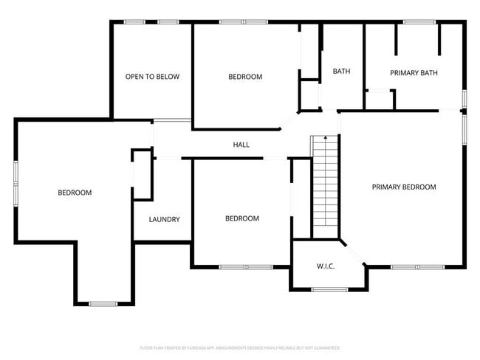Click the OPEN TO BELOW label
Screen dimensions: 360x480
(x=152, y=77)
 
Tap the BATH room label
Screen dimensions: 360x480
(x=341, y=72)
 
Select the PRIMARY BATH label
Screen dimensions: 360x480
(x=414, y=72)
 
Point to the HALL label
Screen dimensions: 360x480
(x=241, y=145)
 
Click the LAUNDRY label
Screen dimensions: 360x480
(x=164, y=219)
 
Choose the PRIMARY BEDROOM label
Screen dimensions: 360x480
(x=403, y=187)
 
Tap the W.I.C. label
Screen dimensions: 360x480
(x=326, y=266)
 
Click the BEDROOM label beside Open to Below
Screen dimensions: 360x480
(x=245, y=77)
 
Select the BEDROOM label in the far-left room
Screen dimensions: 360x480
(x=75, y=193)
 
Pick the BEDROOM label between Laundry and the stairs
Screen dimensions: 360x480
(x=242, y=218)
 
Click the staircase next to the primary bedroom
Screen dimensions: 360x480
(x=324, y=184)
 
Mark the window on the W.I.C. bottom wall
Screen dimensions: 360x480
(x=329, y=289)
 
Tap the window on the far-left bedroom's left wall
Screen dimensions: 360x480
(x=16, y=181)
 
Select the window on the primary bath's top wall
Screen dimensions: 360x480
(x=419, y=22)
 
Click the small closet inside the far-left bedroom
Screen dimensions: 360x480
(x=141, y=175)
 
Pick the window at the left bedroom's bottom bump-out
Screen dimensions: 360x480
(x=103, y=303)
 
